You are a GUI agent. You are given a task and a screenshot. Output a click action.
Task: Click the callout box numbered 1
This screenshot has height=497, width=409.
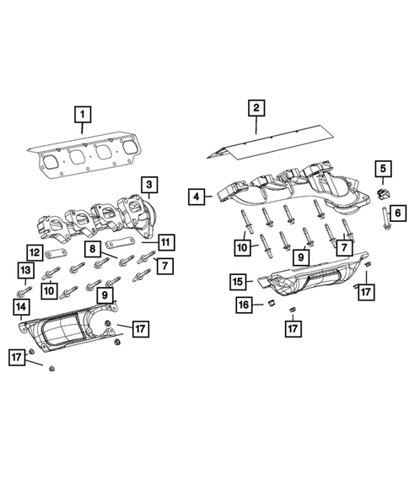pyautogui.click(x=82, y=113)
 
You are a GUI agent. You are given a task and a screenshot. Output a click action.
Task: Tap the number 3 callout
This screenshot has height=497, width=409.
pyautogui.click(x=148, y=185)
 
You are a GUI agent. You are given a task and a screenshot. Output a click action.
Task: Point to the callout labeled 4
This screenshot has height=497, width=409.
pyautogui.click(x=196, y=197)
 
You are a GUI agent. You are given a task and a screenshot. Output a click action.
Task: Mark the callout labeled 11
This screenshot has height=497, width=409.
pyautogui.click(x=166, y=242)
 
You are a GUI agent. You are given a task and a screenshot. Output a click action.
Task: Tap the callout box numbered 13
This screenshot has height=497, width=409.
pyautogui.click(x=25, y=269)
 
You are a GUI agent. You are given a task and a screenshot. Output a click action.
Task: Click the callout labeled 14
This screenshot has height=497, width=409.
pyautogui.click(x=19, y=308)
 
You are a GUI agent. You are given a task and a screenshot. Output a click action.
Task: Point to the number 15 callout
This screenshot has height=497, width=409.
pyautogui.click(x=239, y=280)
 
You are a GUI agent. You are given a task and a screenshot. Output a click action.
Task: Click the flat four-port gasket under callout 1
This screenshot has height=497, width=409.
pyautogui.click(x=84, y=158)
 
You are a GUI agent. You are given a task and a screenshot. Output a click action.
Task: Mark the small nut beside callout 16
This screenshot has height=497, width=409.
pyautogui.click(x=272, y=302)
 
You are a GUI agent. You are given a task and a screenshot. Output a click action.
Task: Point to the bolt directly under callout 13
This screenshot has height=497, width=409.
pyautogui.click(x=24, y=289)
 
